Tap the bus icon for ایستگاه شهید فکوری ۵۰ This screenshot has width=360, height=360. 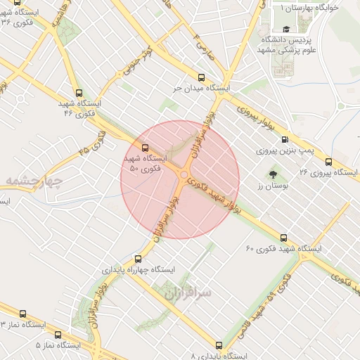pyautogui.click(x=146, y=148)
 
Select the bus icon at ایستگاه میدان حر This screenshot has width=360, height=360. pyautogui.click(x=202, y=78)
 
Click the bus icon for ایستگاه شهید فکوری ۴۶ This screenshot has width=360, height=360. pyautogui.click(x=77, y=92)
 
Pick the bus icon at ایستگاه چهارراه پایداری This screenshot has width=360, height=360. pyautogui.click(x=138, y=258)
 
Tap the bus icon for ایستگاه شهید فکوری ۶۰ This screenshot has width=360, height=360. pyautogui.click(x=283, y=238)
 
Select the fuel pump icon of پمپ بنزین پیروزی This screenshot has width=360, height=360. pyautogui.click(x=285, y=139)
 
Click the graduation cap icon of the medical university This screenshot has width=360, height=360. pyautogui.click(x=286, y=29)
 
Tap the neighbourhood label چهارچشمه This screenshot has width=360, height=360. pyautogui.click(x=34, y=181)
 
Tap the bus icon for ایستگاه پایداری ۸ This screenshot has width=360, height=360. pyautogui.click(x=219, y=345)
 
